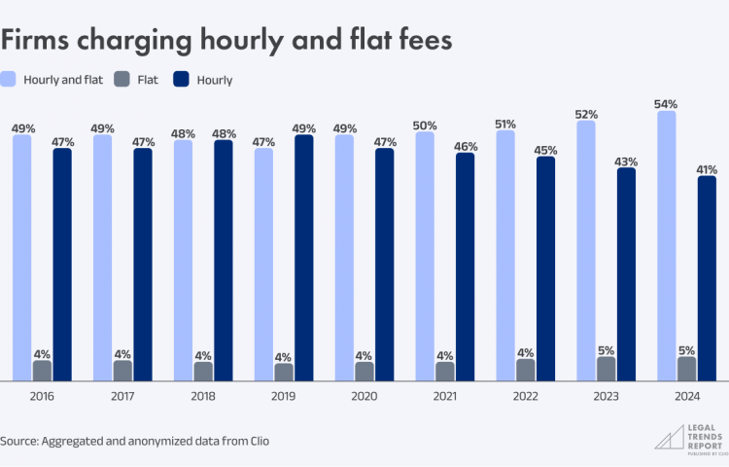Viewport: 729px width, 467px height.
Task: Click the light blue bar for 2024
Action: [x=666, y=245]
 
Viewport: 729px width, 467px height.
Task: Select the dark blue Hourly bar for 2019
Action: [x=303, y=258]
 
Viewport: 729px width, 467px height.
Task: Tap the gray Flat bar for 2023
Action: [x=606, y=369]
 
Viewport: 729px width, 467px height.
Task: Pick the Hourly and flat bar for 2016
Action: [x=21, y=258]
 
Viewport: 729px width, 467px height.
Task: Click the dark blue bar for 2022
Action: [x=545, y=269]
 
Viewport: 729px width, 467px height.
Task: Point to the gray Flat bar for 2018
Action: [x=203, y=372]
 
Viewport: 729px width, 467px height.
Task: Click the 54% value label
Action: [x=666, y=104]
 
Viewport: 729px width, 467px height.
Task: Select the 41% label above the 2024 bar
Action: [x=707, y=170]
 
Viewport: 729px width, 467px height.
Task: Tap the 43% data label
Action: [x=626, y=162]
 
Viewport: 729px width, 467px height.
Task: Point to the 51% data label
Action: [x=504, y=125]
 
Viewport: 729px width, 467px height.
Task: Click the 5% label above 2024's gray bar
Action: [x=686, y=350]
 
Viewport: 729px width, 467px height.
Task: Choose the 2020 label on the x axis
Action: [x=364, y=396]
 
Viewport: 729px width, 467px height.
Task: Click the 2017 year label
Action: [x=122, y=396]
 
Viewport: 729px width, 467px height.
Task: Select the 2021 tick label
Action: [x=445, y=396]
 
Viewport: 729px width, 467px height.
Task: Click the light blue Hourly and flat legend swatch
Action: [x=8, y=79]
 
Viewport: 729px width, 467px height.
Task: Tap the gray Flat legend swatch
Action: [x=121, y=79]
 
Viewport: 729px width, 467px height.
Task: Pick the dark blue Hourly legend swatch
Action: [x=182, y=79]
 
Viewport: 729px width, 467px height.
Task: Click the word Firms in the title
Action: [x=35, y=40]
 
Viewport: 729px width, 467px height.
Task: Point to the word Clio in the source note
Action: [x=260, y=441]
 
